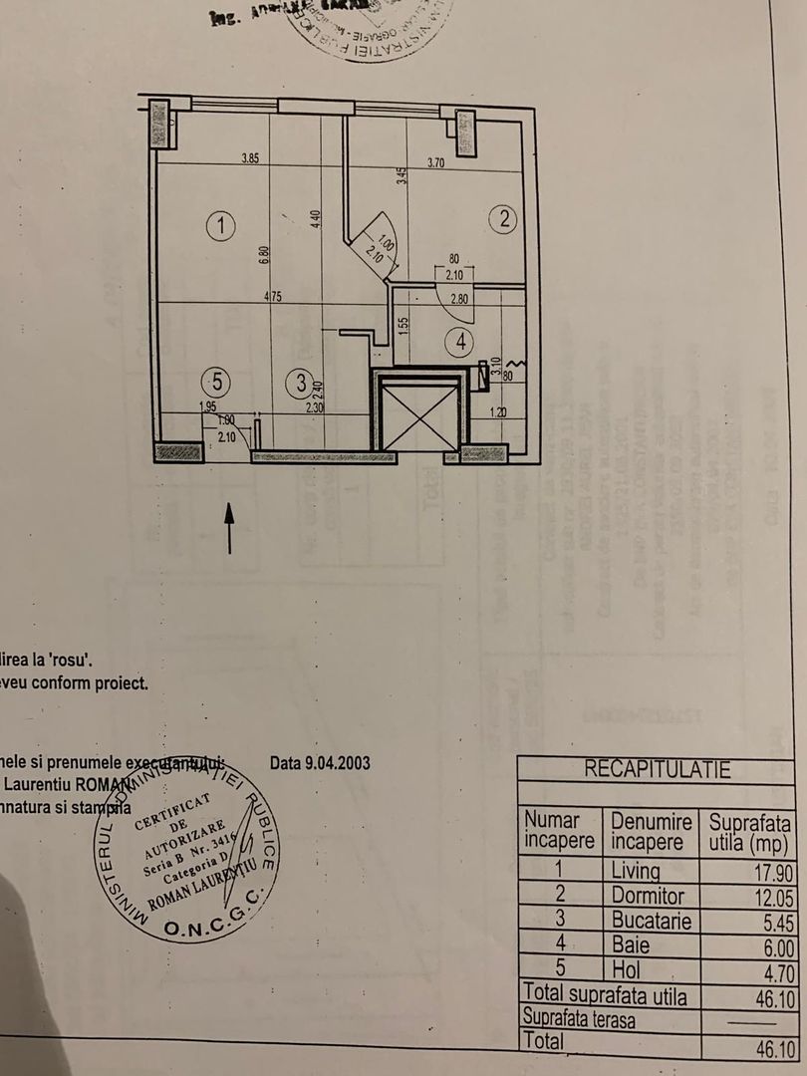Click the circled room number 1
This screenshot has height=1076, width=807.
220,226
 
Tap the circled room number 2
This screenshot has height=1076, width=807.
505,220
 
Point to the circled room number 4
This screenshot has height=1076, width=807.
460,342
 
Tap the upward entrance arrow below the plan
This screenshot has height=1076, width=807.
230,527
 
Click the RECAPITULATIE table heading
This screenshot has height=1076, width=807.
657,769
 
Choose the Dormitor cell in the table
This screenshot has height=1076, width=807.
648,896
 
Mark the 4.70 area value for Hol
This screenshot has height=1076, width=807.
770,968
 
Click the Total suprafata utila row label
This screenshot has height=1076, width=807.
605,993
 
